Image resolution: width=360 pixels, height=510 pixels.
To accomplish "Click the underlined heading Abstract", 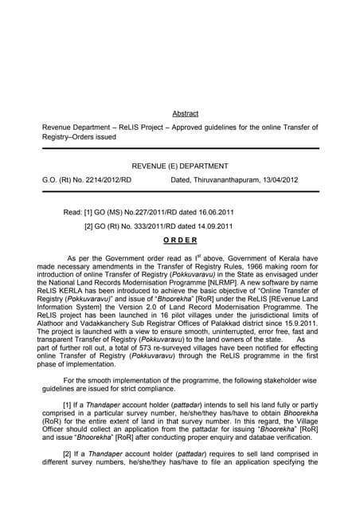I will click(x=185, y=114).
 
